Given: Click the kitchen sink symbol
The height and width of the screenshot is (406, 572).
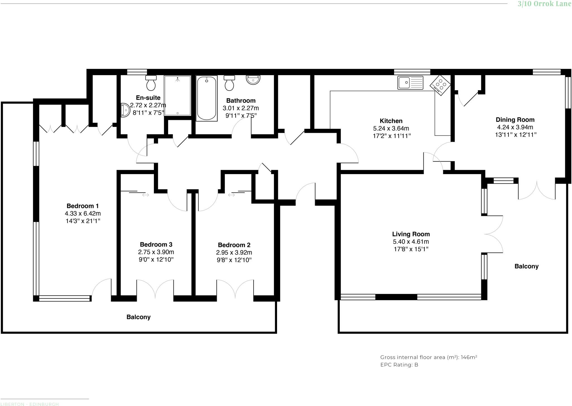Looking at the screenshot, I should [x=410, y=83].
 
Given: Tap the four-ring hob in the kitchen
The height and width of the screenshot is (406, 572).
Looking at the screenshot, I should [x=440, y=85].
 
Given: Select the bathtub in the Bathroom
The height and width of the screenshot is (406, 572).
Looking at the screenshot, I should [x=206, y=98].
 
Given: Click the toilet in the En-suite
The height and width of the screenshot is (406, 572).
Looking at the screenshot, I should [x=151, y=83].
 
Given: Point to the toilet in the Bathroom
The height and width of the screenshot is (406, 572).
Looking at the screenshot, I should [x=229, y=83].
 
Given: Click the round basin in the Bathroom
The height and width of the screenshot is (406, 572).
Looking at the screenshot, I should [x=253, y=79].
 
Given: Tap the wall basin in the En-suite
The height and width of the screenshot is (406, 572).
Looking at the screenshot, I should [x=125, y=110].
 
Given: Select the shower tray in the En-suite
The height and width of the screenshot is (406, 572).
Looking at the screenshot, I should [x=177, y=96].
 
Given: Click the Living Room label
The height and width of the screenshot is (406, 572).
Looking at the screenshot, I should [x=411, y=234].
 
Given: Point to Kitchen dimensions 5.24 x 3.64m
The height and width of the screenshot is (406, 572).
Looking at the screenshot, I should [x=391, y=129].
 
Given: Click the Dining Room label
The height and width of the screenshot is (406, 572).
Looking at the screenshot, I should [x=515, y=120].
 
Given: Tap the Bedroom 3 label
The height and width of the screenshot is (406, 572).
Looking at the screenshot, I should [x=156, y=244].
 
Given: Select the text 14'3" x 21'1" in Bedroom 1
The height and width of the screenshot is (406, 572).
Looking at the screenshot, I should [x=82, y=221].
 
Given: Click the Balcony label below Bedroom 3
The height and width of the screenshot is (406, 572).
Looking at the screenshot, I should [x=138, y=317].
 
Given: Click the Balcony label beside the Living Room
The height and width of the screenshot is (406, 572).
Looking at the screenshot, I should [x=526, y=266].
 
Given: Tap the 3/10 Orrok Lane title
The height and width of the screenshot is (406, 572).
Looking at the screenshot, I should [x=544, y=4].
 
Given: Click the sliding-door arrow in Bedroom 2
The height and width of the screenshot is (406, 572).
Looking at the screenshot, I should [x=231, y=195].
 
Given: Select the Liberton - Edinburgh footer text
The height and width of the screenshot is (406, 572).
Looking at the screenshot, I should [x=30, y=404].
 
